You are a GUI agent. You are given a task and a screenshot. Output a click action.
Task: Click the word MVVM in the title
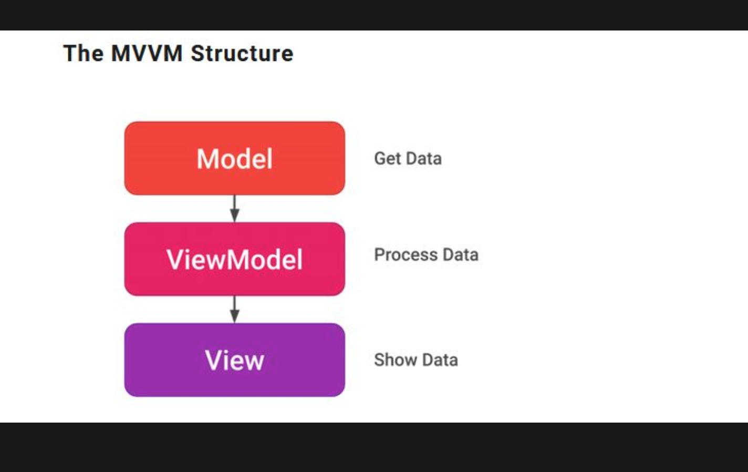click(x=147, y=54)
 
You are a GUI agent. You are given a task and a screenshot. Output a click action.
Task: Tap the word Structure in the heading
click(x=242, y=54)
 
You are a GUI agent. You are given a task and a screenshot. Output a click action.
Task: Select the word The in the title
click(x=84, y=54)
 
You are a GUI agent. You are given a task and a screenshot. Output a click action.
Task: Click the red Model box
click(x=234, y=158)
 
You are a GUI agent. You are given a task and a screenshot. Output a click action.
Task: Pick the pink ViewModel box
click(x=234, y=259)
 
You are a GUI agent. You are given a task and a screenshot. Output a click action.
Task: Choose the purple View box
click(x=234, y=360)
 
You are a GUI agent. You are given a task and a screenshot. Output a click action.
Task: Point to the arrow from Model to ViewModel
click(x=234, y=209)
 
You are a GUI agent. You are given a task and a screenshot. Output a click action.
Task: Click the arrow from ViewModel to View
click(x=234, y=310)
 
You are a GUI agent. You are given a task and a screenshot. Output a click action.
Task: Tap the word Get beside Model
click(x=388, y=159)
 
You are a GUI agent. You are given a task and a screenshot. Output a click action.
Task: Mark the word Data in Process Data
click(x=461, y=255)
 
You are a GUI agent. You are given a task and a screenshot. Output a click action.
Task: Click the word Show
click(x=395, y=360)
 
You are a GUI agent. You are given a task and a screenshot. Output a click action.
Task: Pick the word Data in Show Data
click(x=440, y=360)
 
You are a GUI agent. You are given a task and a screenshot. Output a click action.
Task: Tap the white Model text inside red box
click(x=234, y=159)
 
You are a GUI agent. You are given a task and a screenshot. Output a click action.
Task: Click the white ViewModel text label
click(x=234, y=260)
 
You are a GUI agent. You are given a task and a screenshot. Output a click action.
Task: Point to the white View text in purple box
click(x=234, y=360)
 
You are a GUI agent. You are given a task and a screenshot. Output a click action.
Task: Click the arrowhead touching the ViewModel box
click(x=234, y=216)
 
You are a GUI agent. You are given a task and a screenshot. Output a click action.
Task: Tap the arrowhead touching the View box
click(x=234, y=316)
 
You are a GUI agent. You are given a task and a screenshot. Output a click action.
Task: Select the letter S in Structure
click(x=198, y=54)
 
